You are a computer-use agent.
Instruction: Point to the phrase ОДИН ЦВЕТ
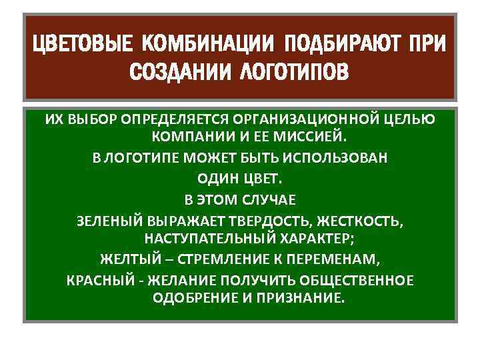coord(240,179)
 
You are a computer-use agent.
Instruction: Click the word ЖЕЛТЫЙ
coord(128,259)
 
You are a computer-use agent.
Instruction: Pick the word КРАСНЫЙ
coord(97,279)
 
